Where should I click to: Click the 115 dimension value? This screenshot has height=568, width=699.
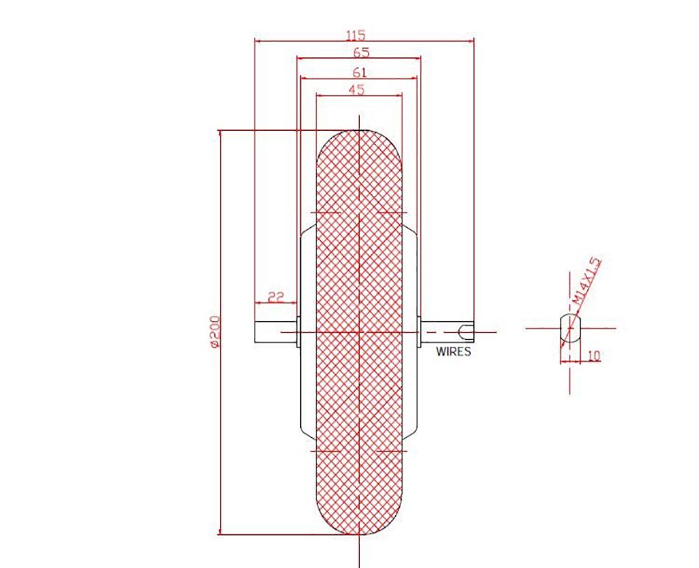click(x=355, y=35)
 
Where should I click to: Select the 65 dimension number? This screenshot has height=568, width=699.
click(x=361, y=52)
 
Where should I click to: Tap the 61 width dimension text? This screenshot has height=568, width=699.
click(x=359, y=72)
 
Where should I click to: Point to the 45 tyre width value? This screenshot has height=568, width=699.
click(x=356, y=90)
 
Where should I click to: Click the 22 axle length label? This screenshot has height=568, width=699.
click(x=276, y=296)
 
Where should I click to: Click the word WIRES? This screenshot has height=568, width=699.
click(x=453, y=351)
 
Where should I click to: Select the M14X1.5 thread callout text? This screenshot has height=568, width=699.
click(x=586, y=281)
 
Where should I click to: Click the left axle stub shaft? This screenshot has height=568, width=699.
click(x=275, y=332)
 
